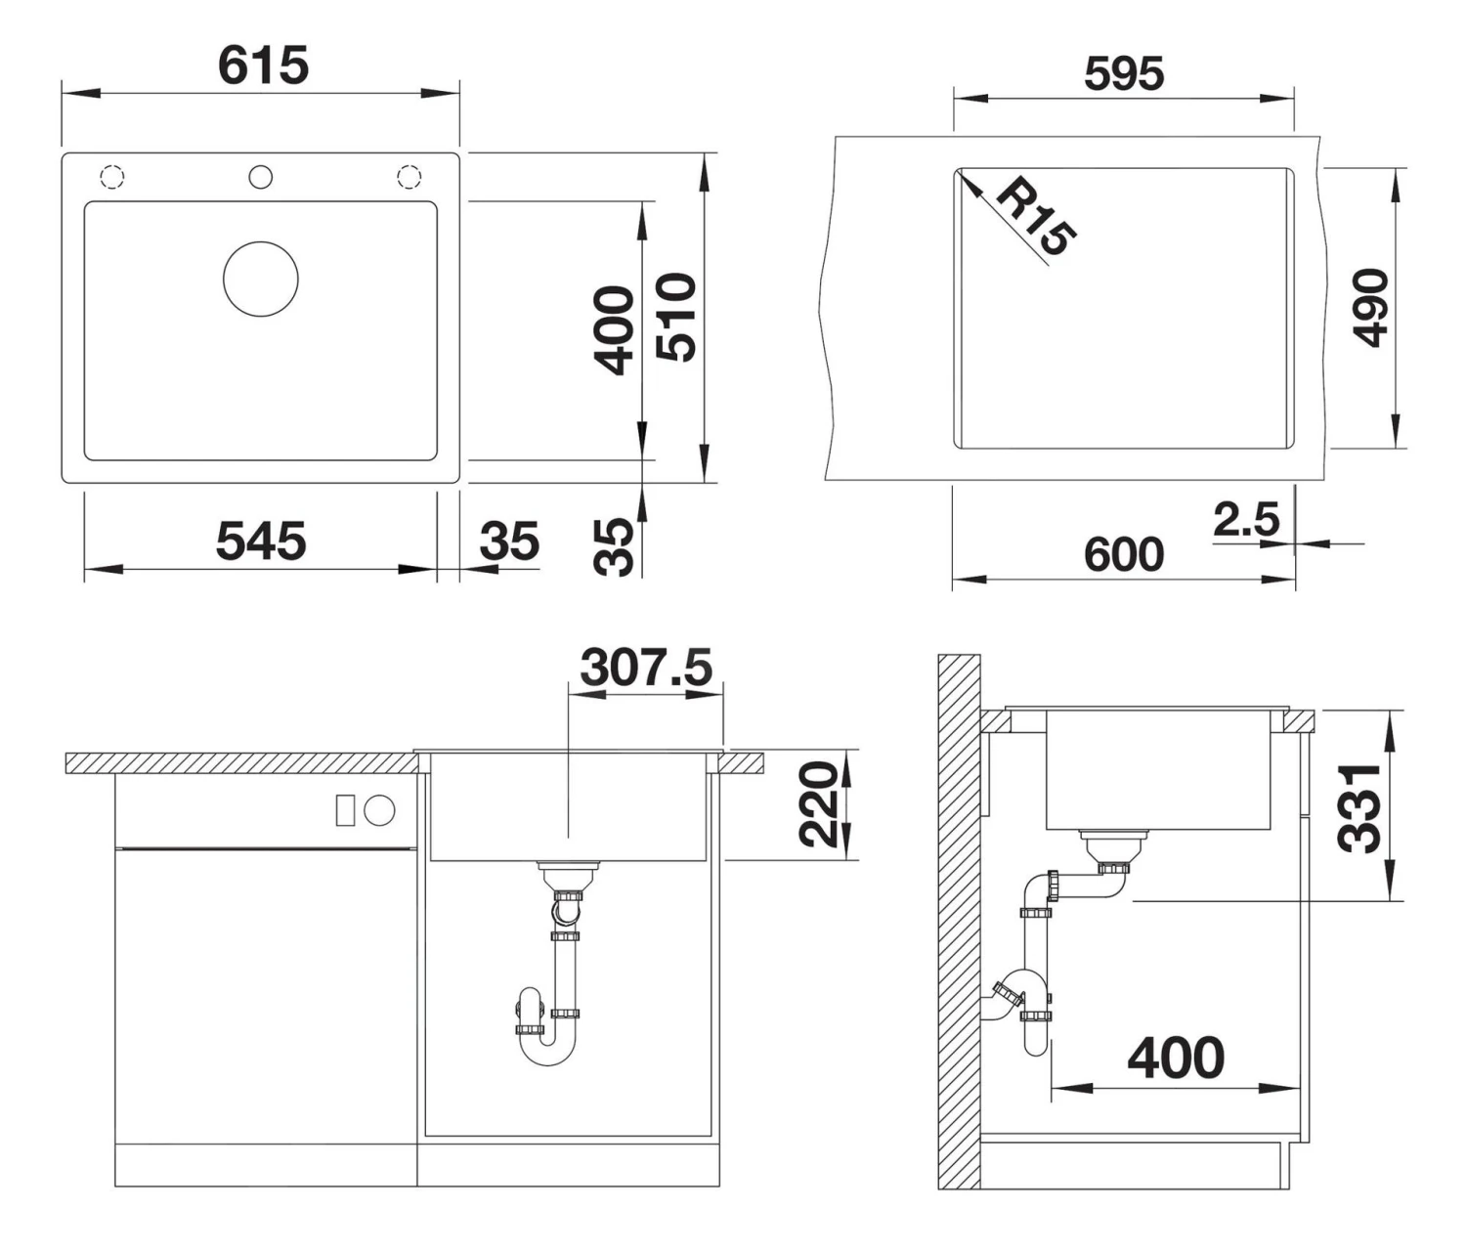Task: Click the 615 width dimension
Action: pyautogui.click(x=262, y=65)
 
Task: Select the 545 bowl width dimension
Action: pyautogui.click(x=260, y=541)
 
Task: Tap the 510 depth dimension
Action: pyautogui.click(x=677, y=318)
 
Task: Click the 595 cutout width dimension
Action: pyautogui.click(x=1123, y=74)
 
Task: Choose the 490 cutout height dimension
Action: pyautogui.click(x=1371, y=308)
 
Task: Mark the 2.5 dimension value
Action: pyautogui.click(x=1245, y=519)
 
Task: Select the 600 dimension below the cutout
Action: pyautogui.click(x=1123, y=554)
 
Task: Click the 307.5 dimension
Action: pyautogui.click(x=646, y=668)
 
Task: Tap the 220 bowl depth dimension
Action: pyautogui.click(x=819, y=804)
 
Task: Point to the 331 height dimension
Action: pyautogui.click(x=1360, y=808)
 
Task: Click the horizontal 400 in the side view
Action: pyautogui.click(x=1175, y=1058)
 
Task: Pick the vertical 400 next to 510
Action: pyautogui.click(x=615, y=330)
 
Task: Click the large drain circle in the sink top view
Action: pyautogui.click(x=260, y=279)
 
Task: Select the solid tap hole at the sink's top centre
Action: pyautogui.click(x=260, y=177)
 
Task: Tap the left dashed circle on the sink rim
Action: pyautogui.click(x=111, y=177)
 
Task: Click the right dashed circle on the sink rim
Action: pyautogui.click(x=409, y=177)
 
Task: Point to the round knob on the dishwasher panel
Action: pyautogui.click(x=379, y=810)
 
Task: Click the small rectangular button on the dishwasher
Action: pyautogui.click(x=345, y=810)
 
